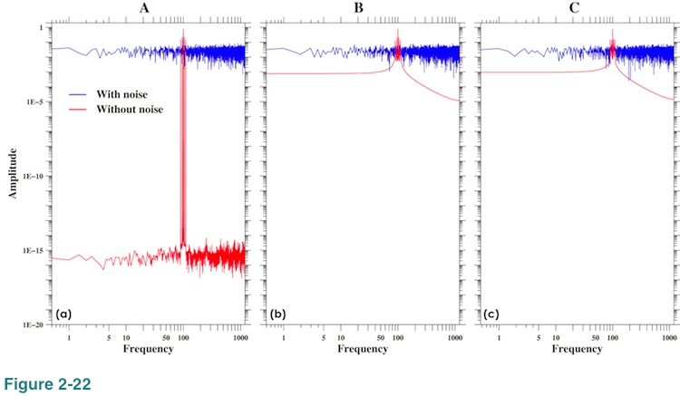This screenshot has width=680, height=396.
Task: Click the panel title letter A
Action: tap(146, 8)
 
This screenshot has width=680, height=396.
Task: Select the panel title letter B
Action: tap(361, 8)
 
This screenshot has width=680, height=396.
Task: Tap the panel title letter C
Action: tap(575, 8)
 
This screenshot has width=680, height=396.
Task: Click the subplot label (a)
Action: tap(63, 314)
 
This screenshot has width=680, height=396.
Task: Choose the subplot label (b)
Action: tap(278, 314)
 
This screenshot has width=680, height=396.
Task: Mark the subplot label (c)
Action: tap(492, 314)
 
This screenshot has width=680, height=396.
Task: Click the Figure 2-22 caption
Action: tap(45, 384)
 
